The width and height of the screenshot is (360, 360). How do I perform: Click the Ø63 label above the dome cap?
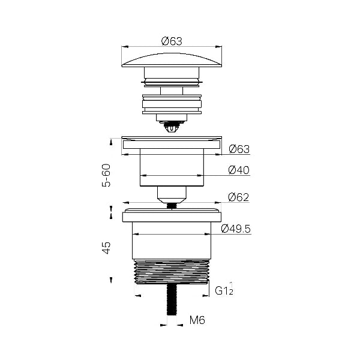pyautogui.click(x=172, y=41)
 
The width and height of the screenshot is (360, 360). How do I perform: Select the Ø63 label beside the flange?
pyautogui.click(x=239, y=149)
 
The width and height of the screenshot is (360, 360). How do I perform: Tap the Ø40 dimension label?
pyautogui.click(x=239, y=170)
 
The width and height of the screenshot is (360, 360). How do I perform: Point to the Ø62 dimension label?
pyautogui.click(x=239, y=197)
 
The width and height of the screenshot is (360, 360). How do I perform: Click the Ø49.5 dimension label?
pyautogui.click(x=236, y=229)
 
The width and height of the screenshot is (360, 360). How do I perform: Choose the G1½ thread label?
pyautogui.click(x=224, y=289)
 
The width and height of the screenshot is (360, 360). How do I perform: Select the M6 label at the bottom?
pyautogui.click(x=197, y=320)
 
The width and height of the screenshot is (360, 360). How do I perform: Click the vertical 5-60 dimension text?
pyautogui.click(x=106, y=175)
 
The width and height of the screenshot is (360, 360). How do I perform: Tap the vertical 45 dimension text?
pyautogui.click(x=106, y=248)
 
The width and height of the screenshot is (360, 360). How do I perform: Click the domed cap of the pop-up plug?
pyautogui.click(x=172, y=61)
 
